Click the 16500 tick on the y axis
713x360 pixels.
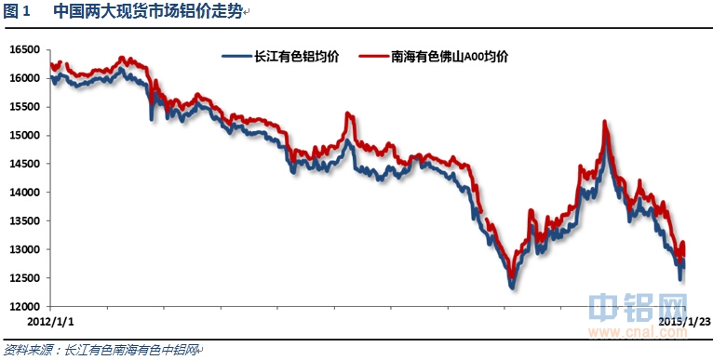coord(25,49)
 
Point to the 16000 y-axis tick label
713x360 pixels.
coord(25,78)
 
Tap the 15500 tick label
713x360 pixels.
coord(25,107)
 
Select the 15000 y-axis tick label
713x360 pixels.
coord(25,135)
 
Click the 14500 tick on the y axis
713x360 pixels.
coord(25,164)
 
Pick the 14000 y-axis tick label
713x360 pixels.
coord(25,193)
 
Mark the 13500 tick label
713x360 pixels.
coord(25,220)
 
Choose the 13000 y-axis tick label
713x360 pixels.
coord(25,249)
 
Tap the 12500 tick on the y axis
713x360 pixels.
coord(25,278)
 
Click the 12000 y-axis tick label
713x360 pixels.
coord(25,306)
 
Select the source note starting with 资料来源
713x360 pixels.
coord(101,350)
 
